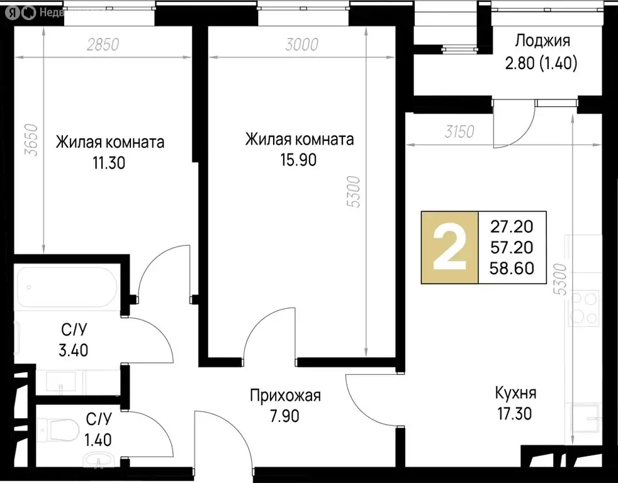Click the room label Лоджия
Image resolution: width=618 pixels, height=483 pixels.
point(542,42)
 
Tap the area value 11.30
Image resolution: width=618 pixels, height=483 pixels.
point(108,164)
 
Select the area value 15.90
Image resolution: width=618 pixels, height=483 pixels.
point(298,160)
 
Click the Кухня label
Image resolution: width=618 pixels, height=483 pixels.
point(515,394)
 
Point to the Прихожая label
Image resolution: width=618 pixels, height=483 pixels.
point(285,396)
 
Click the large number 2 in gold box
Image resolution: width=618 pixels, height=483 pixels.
point(450,247)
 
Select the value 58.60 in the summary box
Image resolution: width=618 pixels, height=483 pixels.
point(512,269)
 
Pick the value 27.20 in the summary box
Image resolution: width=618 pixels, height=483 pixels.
point(512,226)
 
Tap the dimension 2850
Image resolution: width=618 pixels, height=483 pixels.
point(103,45)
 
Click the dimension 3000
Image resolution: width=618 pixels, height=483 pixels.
point(301,45)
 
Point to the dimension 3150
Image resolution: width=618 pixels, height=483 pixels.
point(459,132)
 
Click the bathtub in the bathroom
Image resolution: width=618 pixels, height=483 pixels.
point(66,287)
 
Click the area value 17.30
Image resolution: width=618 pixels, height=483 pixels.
point(514,414)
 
